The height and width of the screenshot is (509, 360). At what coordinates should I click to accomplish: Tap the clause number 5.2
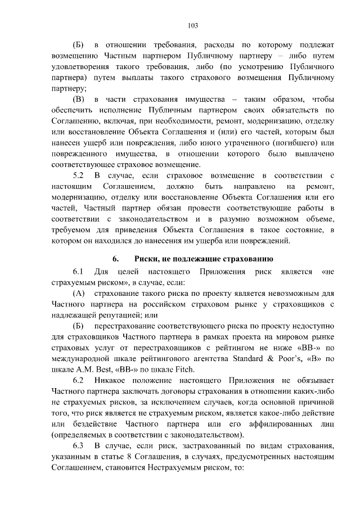(x=79, y=176)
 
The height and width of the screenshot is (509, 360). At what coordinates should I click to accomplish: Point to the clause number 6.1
(x=79, y=272)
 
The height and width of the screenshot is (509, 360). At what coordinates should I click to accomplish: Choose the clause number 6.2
(x=79, y=381)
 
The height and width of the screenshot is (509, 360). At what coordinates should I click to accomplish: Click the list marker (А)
(x=80, y=294)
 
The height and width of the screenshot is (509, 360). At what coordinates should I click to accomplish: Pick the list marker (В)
(x=80, y=100)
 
